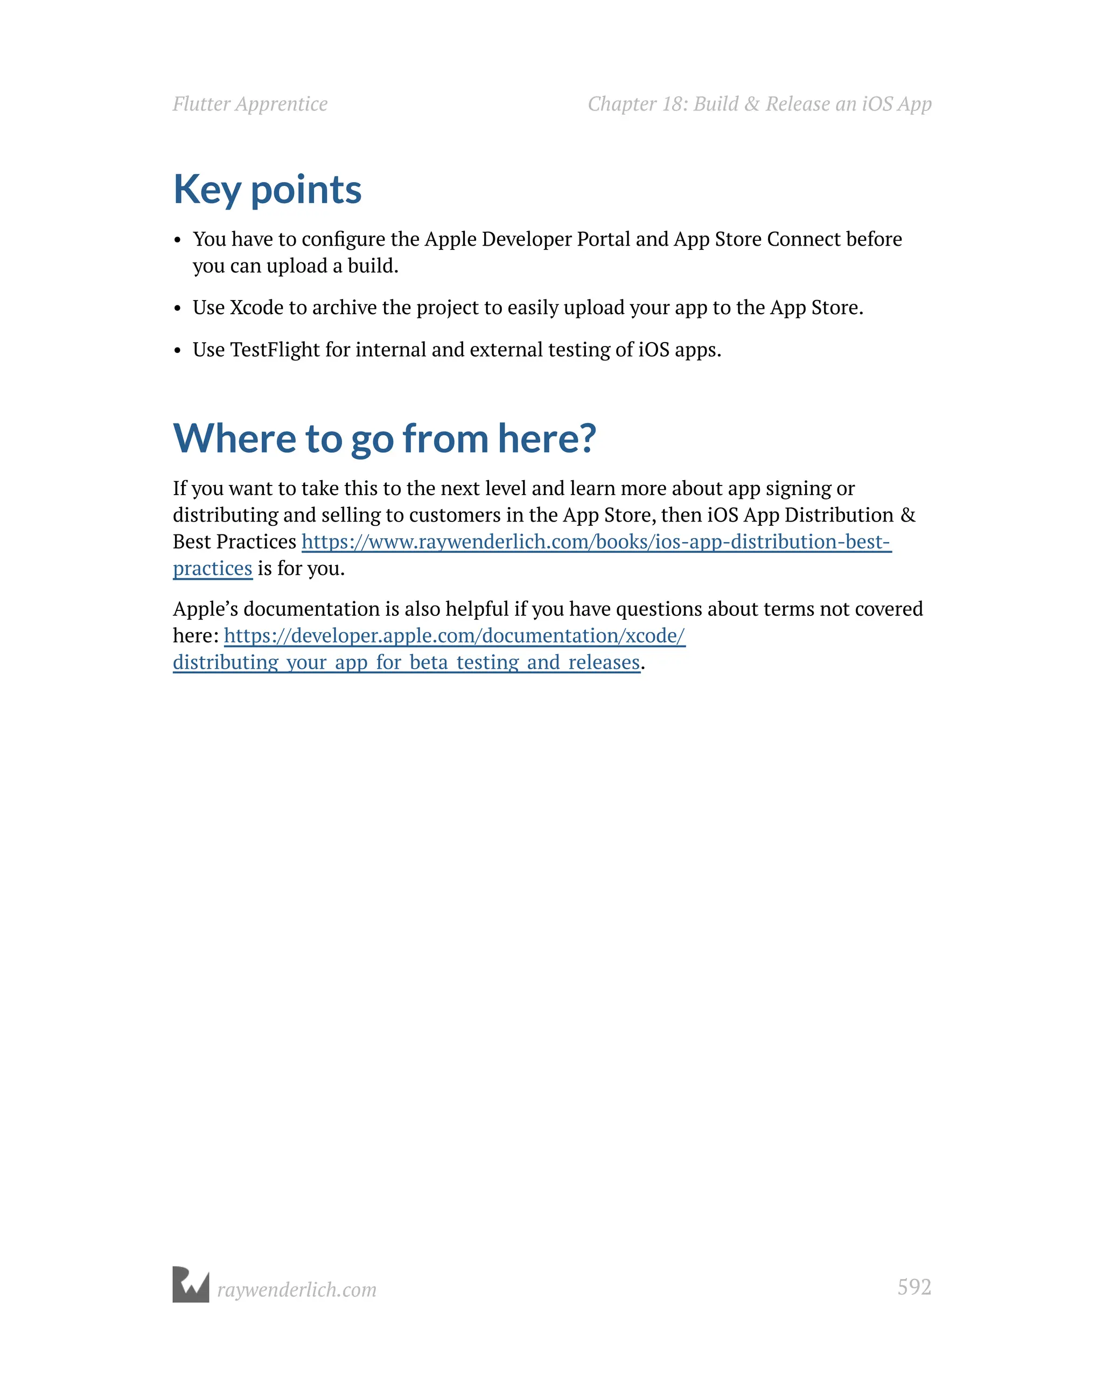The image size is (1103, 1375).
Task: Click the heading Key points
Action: (x=267, y=190)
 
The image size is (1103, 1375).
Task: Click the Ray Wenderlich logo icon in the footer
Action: (x=191, y=1284)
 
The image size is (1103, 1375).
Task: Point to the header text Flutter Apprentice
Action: (x=250, y=104)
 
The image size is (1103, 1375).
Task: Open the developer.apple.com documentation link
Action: (x=454, y=635)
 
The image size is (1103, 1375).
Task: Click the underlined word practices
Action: (x=212, y=568)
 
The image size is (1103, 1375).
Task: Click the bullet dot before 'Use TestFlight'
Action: (x=178, y=351)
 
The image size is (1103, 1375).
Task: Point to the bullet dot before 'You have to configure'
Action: (x=178, y=240)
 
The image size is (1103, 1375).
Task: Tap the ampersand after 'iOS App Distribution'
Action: (x=907, y=515)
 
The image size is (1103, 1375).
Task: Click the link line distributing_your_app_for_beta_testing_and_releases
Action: (x=406, y=662)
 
